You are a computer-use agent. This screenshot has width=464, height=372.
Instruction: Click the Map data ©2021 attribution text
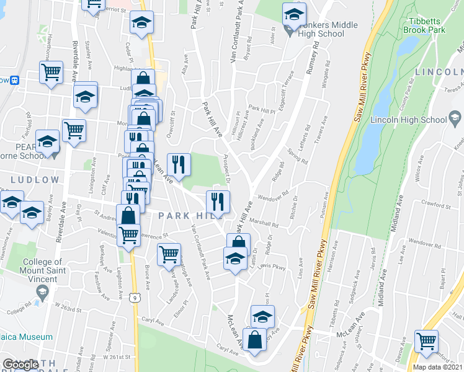point(437,367)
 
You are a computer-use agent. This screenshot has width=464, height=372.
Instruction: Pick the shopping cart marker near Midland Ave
point(426,341)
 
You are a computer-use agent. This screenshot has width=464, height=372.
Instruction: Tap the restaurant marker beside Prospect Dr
point(218,201)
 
